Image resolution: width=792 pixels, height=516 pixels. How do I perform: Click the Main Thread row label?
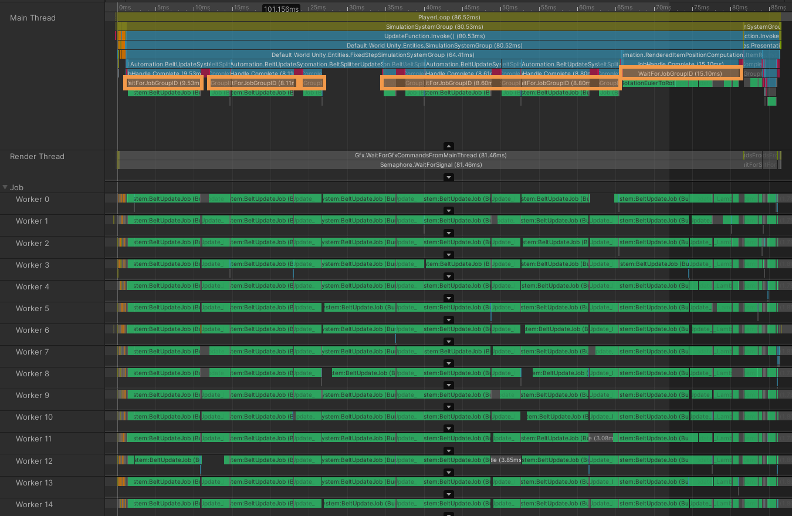coord(33,18)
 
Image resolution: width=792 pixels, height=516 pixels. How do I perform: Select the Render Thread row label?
coord(37,157)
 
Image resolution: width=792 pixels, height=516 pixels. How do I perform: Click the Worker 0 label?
coord(32,200)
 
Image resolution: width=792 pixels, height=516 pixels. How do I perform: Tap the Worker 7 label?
coord(32,352)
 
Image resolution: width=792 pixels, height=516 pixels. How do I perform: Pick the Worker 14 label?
coord(34,505)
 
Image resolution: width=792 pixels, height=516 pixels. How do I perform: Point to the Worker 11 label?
coord(33,439)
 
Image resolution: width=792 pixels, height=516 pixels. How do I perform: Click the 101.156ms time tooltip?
coord(282,9)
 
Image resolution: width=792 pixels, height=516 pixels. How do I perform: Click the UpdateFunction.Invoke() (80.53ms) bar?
coord(431,36)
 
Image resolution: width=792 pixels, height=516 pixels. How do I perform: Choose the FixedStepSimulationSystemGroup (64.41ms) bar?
coord(373,55)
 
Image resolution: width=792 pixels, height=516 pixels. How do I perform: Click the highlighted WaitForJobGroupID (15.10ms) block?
coord(681,73)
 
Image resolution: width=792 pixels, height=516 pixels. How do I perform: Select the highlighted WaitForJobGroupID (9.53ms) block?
coord(164,83)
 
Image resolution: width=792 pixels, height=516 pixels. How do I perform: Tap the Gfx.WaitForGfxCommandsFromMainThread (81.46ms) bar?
coord(431,156)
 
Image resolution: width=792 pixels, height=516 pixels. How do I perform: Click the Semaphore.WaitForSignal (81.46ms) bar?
coord(431,165)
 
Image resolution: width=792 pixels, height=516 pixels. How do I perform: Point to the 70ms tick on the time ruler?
coord(662,8)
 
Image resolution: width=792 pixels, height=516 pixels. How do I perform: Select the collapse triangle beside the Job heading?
coord(5,188)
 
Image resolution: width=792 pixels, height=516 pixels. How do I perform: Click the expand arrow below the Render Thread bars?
coord(448,177)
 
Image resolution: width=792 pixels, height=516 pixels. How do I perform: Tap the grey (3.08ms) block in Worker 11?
coord(603,439)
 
